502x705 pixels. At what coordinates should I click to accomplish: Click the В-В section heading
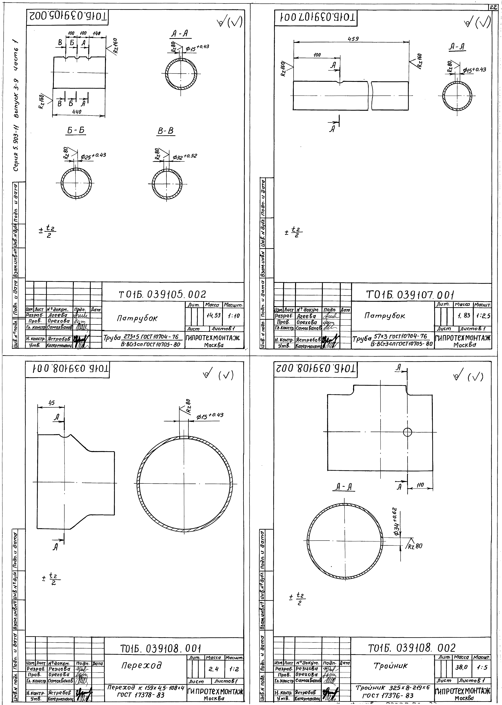click(166, 131)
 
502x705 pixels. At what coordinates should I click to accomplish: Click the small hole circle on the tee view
click(407, 432)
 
